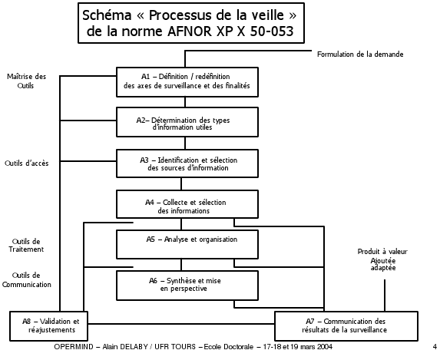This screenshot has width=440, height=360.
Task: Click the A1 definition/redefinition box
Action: [x=187, y=82]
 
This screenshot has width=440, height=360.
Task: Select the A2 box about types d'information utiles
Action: [x=187, y=122]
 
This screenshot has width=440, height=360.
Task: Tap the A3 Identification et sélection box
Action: [x=187, y=163]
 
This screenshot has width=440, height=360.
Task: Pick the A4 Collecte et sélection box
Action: [x=187, y=204]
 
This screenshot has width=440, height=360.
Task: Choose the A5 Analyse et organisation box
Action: [x=187, y=244]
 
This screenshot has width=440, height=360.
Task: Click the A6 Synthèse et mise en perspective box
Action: [x=187, y=285]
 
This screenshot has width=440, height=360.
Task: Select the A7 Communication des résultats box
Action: [x=346, y=325]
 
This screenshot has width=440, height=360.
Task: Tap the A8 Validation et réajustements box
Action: [x=49, y=325]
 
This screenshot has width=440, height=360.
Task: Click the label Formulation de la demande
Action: [x=360, y=54]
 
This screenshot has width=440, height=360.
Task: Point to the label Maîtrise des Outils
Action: [x=26, y=81]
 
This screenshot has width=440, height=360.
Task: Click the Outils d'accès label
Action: [x=26, y=163]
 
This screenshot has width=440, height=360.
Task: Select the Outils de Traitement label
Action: [x=26, y=245]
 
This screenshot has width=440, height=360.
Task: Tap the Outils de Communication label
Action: [x=26, y=279]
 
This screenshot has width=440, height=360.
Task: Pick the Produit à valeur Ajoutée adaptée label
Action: [x=382, y=259]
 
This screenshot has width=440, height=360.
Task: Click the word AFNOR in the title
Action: [x=189, y=31]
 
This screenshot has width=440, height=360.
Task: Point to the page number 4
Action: [x=435, y=346]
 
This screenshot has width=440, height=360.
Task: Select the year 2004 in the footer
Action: [x=324, y=347]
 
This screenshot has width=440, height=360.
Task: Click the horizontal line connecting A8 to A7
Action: [x=181, y=324]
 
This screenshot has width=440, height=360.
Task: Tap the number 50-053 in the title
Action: [x=272, y=31]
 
